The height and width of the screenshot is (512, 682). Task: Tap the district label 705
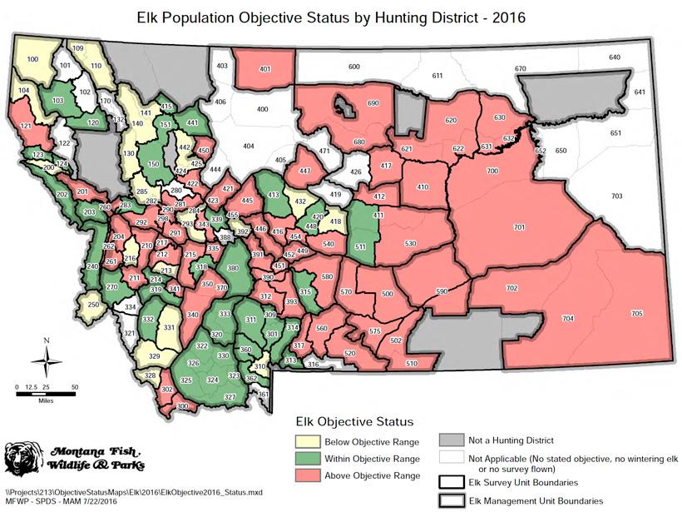[636, 313]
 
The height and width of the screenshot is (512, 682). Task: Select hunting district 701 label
[519, 227]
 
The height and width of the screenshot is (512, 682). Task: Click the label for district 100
[32, 59]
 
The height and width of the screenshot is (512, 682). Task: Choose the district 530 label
[409, 243]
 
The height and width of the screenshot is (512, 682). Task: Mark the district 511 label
[359, 247]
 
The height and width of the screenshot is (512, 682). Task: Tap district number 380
[232, 268]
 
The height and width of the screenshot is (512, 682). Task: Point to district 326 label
[193, 364]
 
